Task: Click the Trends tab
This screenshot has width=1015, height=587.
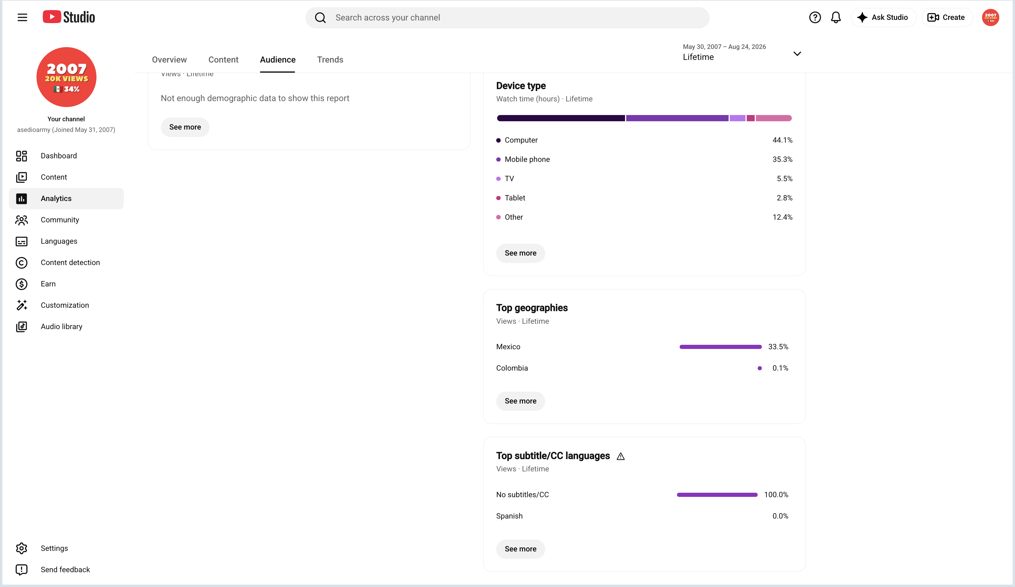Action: [x=330, y=60]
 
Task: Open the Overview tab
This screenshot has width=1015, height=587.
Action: [x=169, y=60]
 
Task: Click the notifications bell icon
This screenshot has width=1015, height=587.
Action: [x=836, y=17]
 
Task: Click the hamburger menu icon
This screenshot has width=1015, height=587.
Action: [x=22, y=17]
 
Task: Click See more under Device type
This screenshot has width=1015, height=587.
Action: [x=520, y=253]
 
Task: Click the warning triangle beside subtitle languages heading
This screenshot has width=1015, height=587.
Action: [x=621, y=456]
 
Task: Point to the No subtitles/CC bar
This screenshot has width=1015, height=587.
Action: [x=717, y=495]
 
